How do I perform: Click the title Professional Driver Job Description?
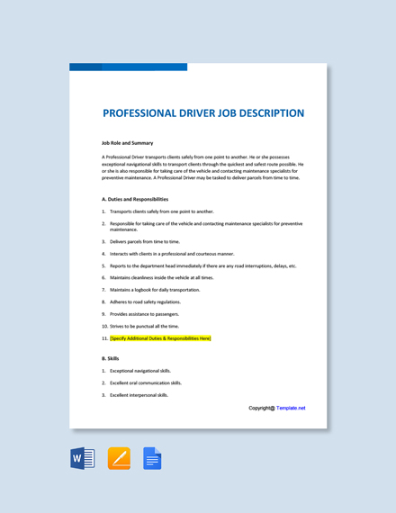pyautogui.click(x=203, y=113)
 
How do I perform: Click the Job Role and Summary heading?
pyautogui.click(x=127, y=142)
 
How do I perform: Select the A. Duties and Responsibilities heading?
pyautogui.click(x=135, y=199)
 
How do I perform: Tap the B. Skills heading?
pyautogui.click(x=111, y=358)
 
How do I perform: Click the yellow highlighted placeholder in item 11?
pyautogui.click(x=160, y=338)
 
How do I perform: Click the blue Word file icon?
pyautogui.click(x=83, y=459)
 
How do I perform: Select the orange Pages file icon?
pyautogui.click(x=119, y=459)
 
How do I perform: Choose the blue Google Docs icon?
pyautogui.click(x=152, y=459)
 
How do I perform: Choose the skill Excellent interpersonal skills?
pyautogui.click(x=139, y=394)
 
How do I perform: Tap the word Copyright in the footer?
pyautogui.click(x=260, y=408)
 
